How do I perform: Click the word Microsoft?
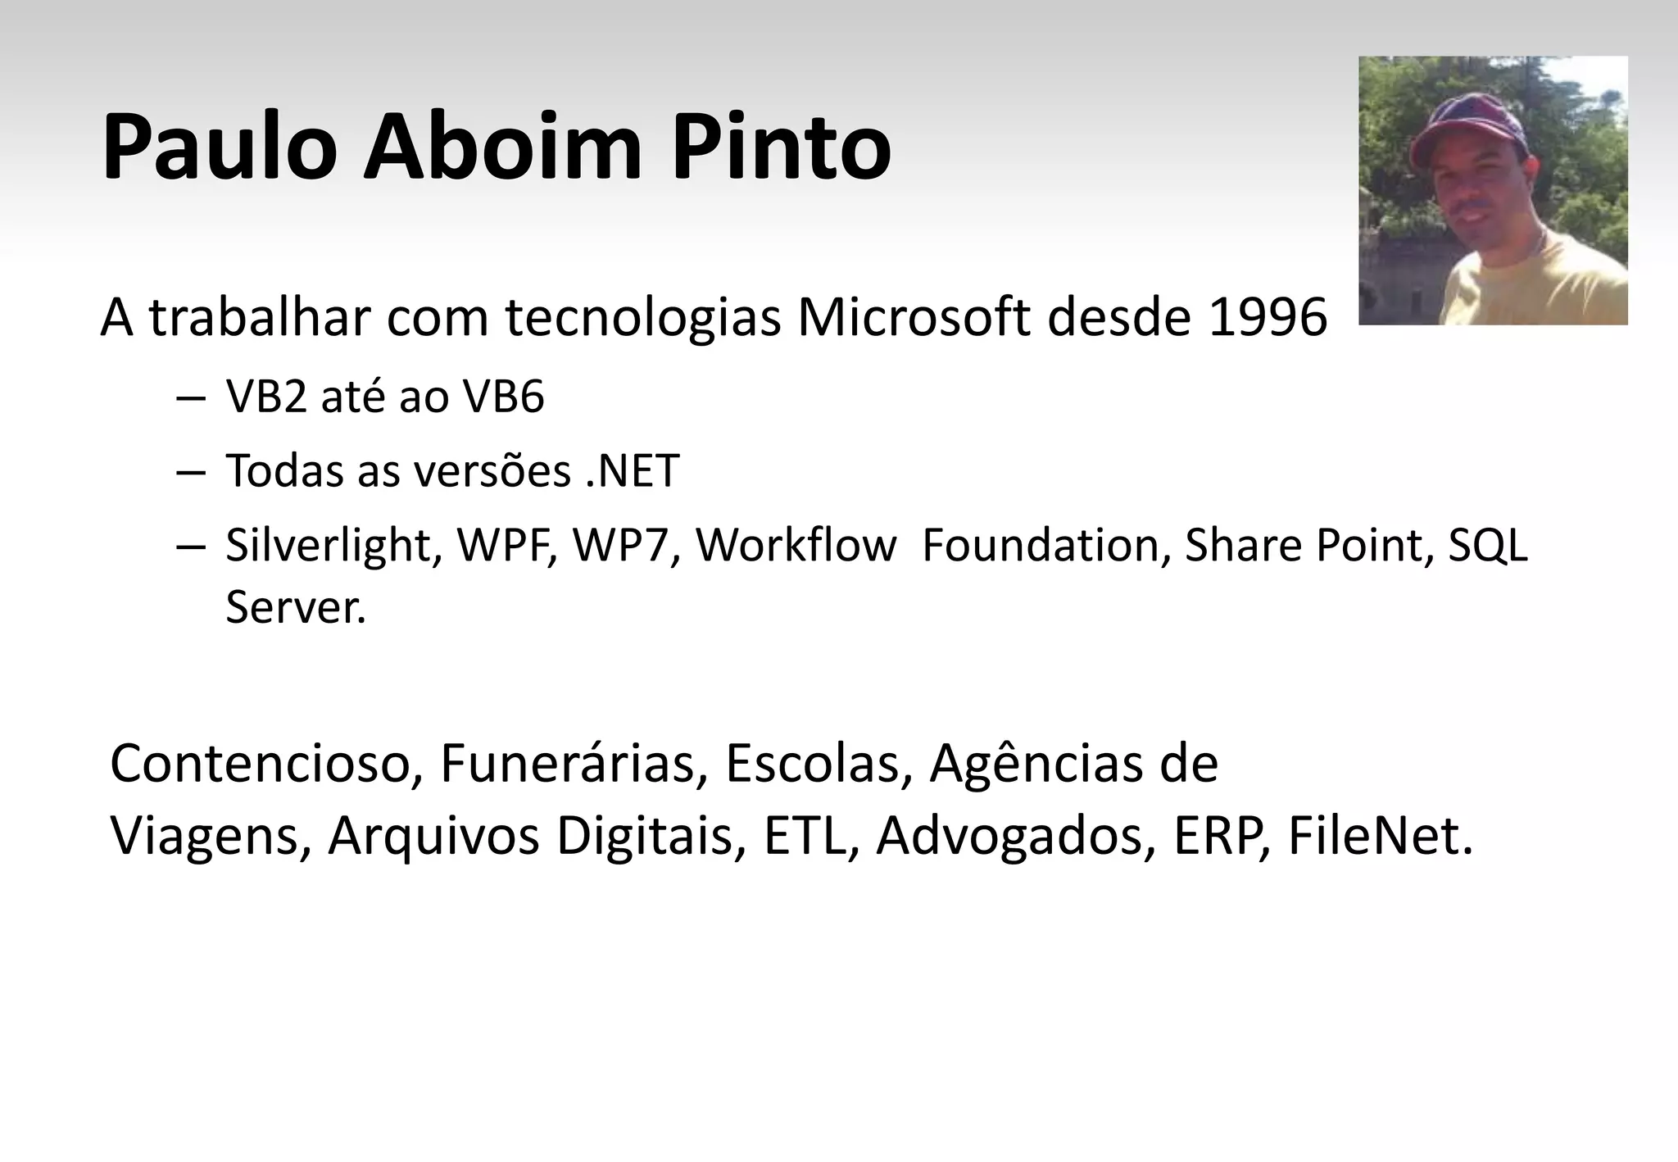tap(913, 318)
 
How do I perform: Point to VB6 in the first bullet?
tap(503, 398)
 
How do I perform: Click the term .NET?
tap(633, 471)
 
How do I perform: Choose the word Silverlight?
tap(329, 546)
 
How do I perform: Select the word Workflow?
tap(796, 546)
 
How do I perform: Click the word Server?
tap(295, 608)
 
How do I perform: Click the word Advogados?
tap(1009, 837)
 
